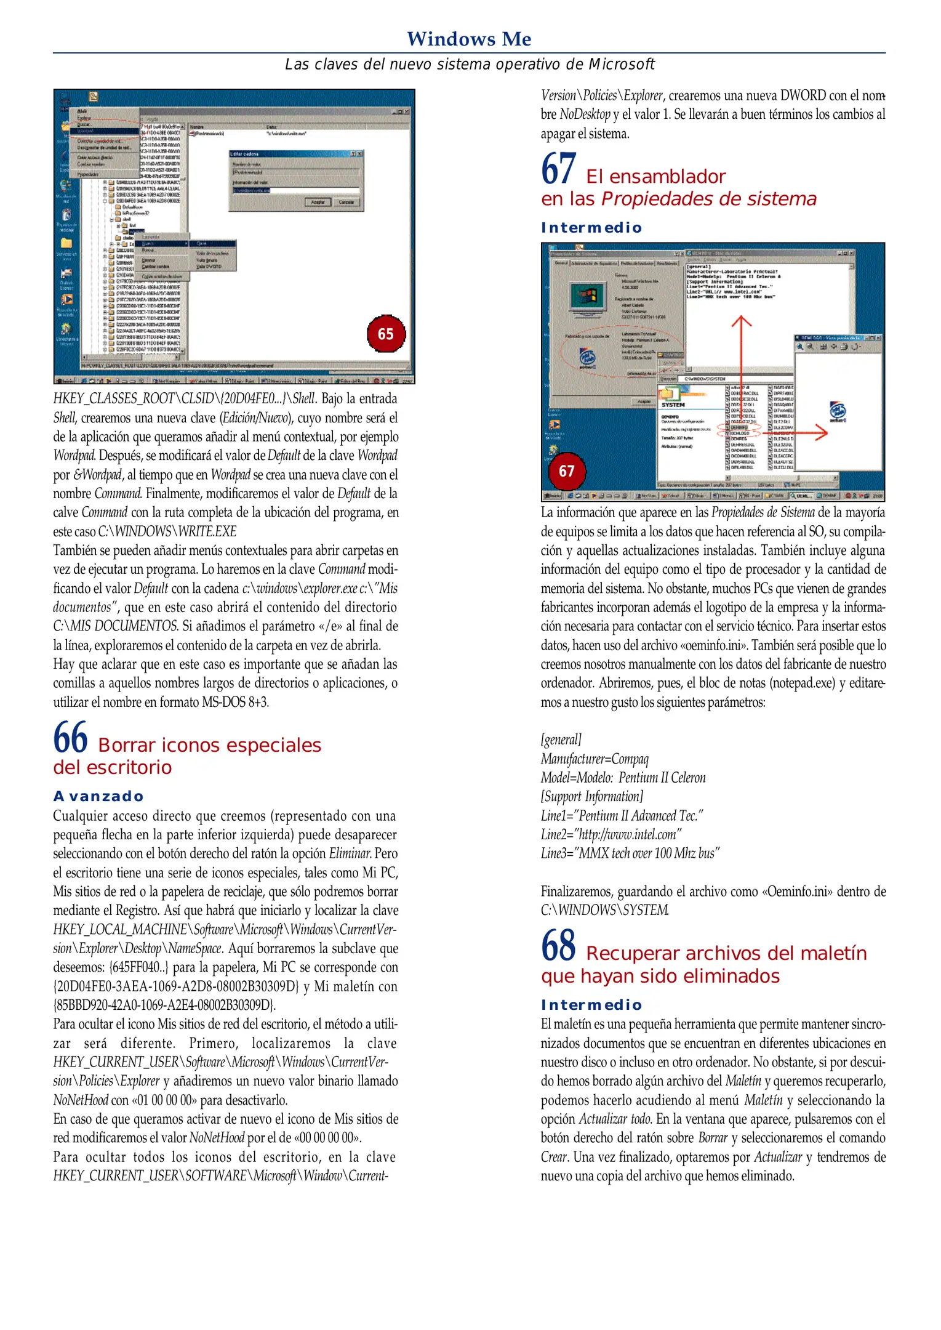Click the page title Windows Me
pyautogui.click(x=469, y=39)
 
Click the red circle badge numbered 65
pyautogui.click(x=386, y=334)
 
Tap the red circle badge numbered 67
pyautogui.click(x=567, y=471)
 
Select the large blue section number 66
pyautogui.click(x=70, y=738)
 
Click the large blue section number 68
pyautogui.click(x=558, y=946)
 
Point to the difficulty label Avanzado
pyautogui.click(x=98, y=796)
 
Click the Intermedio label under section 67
pyautogui.click(x=591, y=228)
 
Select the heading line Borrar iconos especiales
pyautogui.click(x=209, y=745)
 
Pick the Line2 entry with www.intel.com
pyautogui.click(x=611, y=834)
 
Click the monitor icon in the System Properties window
pyautogui.click(x=588, y=298)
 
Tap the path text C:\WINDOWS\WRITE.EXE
pyautogui.click(x=167, y=531)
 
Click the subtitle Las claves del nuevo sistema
pyautogui.click(x=469, y=65)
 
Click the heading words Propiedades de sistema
pyautogui.click(x=709, y=199)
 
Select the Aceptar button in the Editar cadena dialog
pyautogui.click(x=318, y=201)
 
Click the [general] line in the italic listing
pyautogui.click(x=561, y=740)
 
